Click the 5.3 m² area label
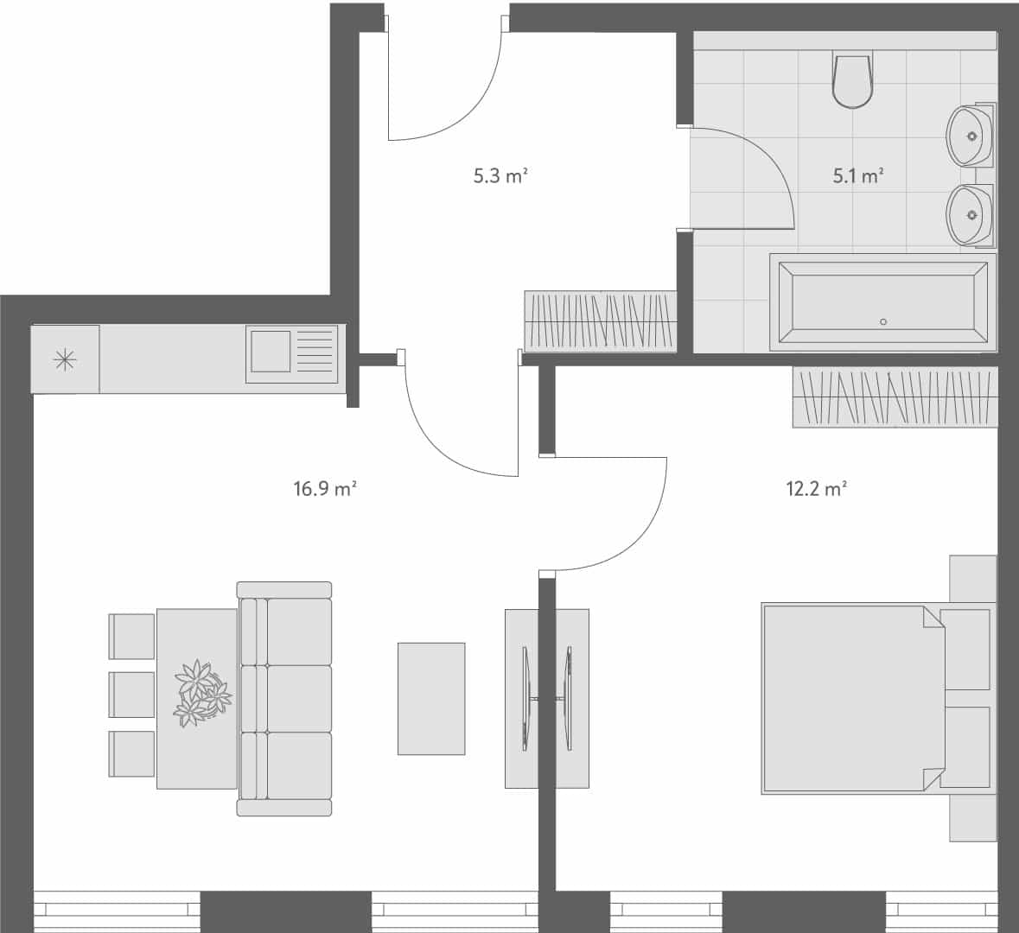(500, 176)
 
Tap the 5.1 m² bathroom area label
(857, 176)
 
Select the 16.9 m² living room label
(325, 489)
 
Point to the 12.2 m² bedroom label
(815, 489)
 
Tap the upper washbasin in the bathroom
(970, 136)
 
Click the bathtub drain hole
(882, 322)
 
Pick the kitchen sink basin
(270, 351)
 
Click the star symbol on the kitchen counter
(65, 359)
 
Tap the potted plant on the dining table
(201, 693)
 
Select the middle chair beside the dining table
(131, 695)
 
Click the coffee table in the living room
(431, 699)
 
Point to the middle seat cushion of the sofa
(298, 698)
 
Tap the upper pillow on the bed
(966, 649)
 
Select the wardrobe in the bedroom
(895, 397)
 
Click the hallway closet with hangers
(599, 321)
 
